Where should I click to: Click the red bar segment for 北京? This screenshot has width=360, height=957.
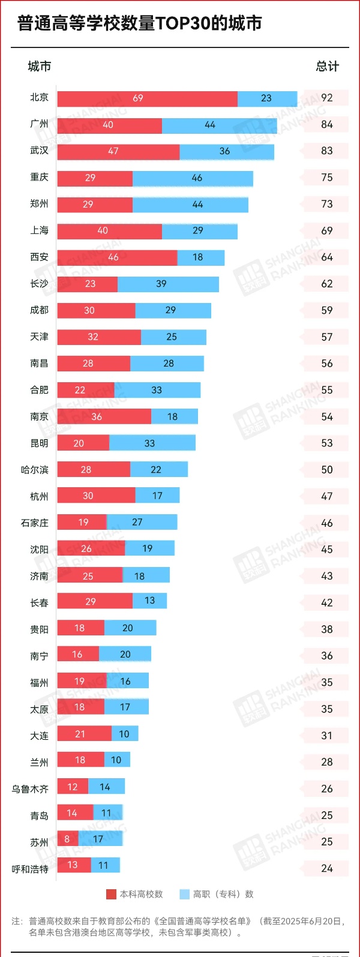pyautogui.click(x=147, y=98)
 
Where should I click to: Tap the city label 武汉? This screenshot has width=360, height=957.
pyautogui.click(x=39, y=151)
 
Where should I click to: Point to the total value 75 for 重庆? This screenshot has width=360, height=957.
pyautogui.click(x=326, y=178)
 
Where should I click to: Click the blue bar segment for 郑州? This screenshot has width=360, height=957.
pyautogui.click(x=190, y=205)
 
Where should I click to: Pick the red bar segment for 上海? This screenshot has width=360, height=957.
pyautogui.click(x=109, y=231)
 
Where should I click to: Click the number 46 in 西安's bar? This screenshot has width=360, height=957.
pyautogui.click(x=113, y=257)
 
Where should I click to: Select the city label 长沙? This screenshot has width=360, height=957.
pyautogui.click(x=39, y=284)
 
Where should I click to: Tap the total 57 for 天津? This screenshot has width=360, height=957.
pyautogui.click(x=326, y=337)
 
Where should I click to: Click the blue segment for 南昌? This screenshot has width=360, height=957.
pyautogui.click(x=167, y=364)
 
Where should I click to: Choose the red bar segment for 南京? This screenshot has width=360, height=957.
pyautogui.click(x=104, y=416)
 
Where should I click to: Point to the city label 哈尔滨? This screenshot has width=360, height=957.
pyautogui.click(x=35, y=470)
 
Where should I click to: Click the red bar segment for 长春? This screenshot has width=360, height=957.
pyautogui.click(x=95, y=601)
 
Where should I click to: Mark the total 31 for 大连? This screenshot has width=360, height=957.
pyautogui.click(x=326, y=736)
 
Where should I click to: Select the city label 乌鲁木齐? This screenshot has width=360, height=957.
pyautogui.click(x=30, y=789)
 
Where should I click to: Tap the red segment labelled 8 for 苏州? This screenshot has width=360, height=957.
pyautogui.click(x=67, y=839)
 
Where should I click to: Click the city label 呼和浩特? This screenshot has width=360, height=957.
pyautogui.click(x=30, y=869)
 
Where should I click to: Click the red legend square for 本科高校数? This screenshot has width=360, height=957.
pyautogui.click(x=111, y=894)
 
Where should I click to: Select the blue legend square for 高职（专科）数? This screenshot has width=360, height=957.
pyautogui.click(x=185, y=894)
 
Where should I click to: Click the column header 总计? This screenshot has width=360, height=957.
pyautogui.click(x=327, y=67)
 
